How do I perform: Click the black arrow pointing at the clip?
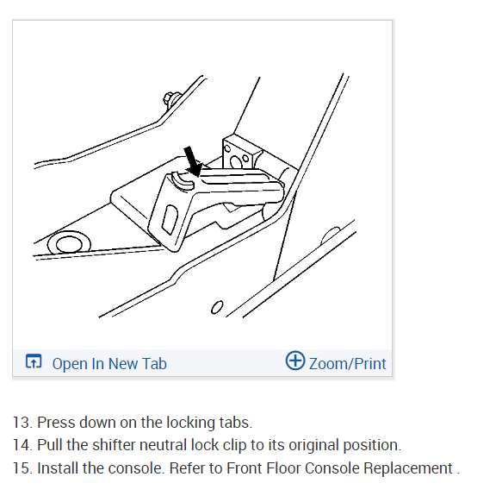(193, 161)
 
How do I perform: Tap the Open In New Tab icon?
(34, 361)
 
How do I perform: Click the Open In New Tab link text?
(109, 364)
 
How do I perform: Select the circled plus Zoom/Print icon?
(295, 361)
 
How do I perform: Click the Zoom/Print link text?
(348, 364)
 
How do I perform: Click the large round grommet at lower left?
(69, 243)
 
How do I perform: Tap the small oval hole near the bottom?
(217, 307)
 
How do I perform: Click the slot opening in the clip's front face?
(170, 219)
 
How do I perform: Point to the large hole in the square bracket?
(236, 162)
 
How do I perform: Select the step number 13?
(22, 423)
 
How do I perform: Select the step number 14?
(22, 445)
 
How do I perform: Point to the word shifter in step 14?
(115, 445)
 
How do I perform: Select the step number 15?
(22, 468)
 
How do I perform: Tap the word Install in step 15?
(58, 468)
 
